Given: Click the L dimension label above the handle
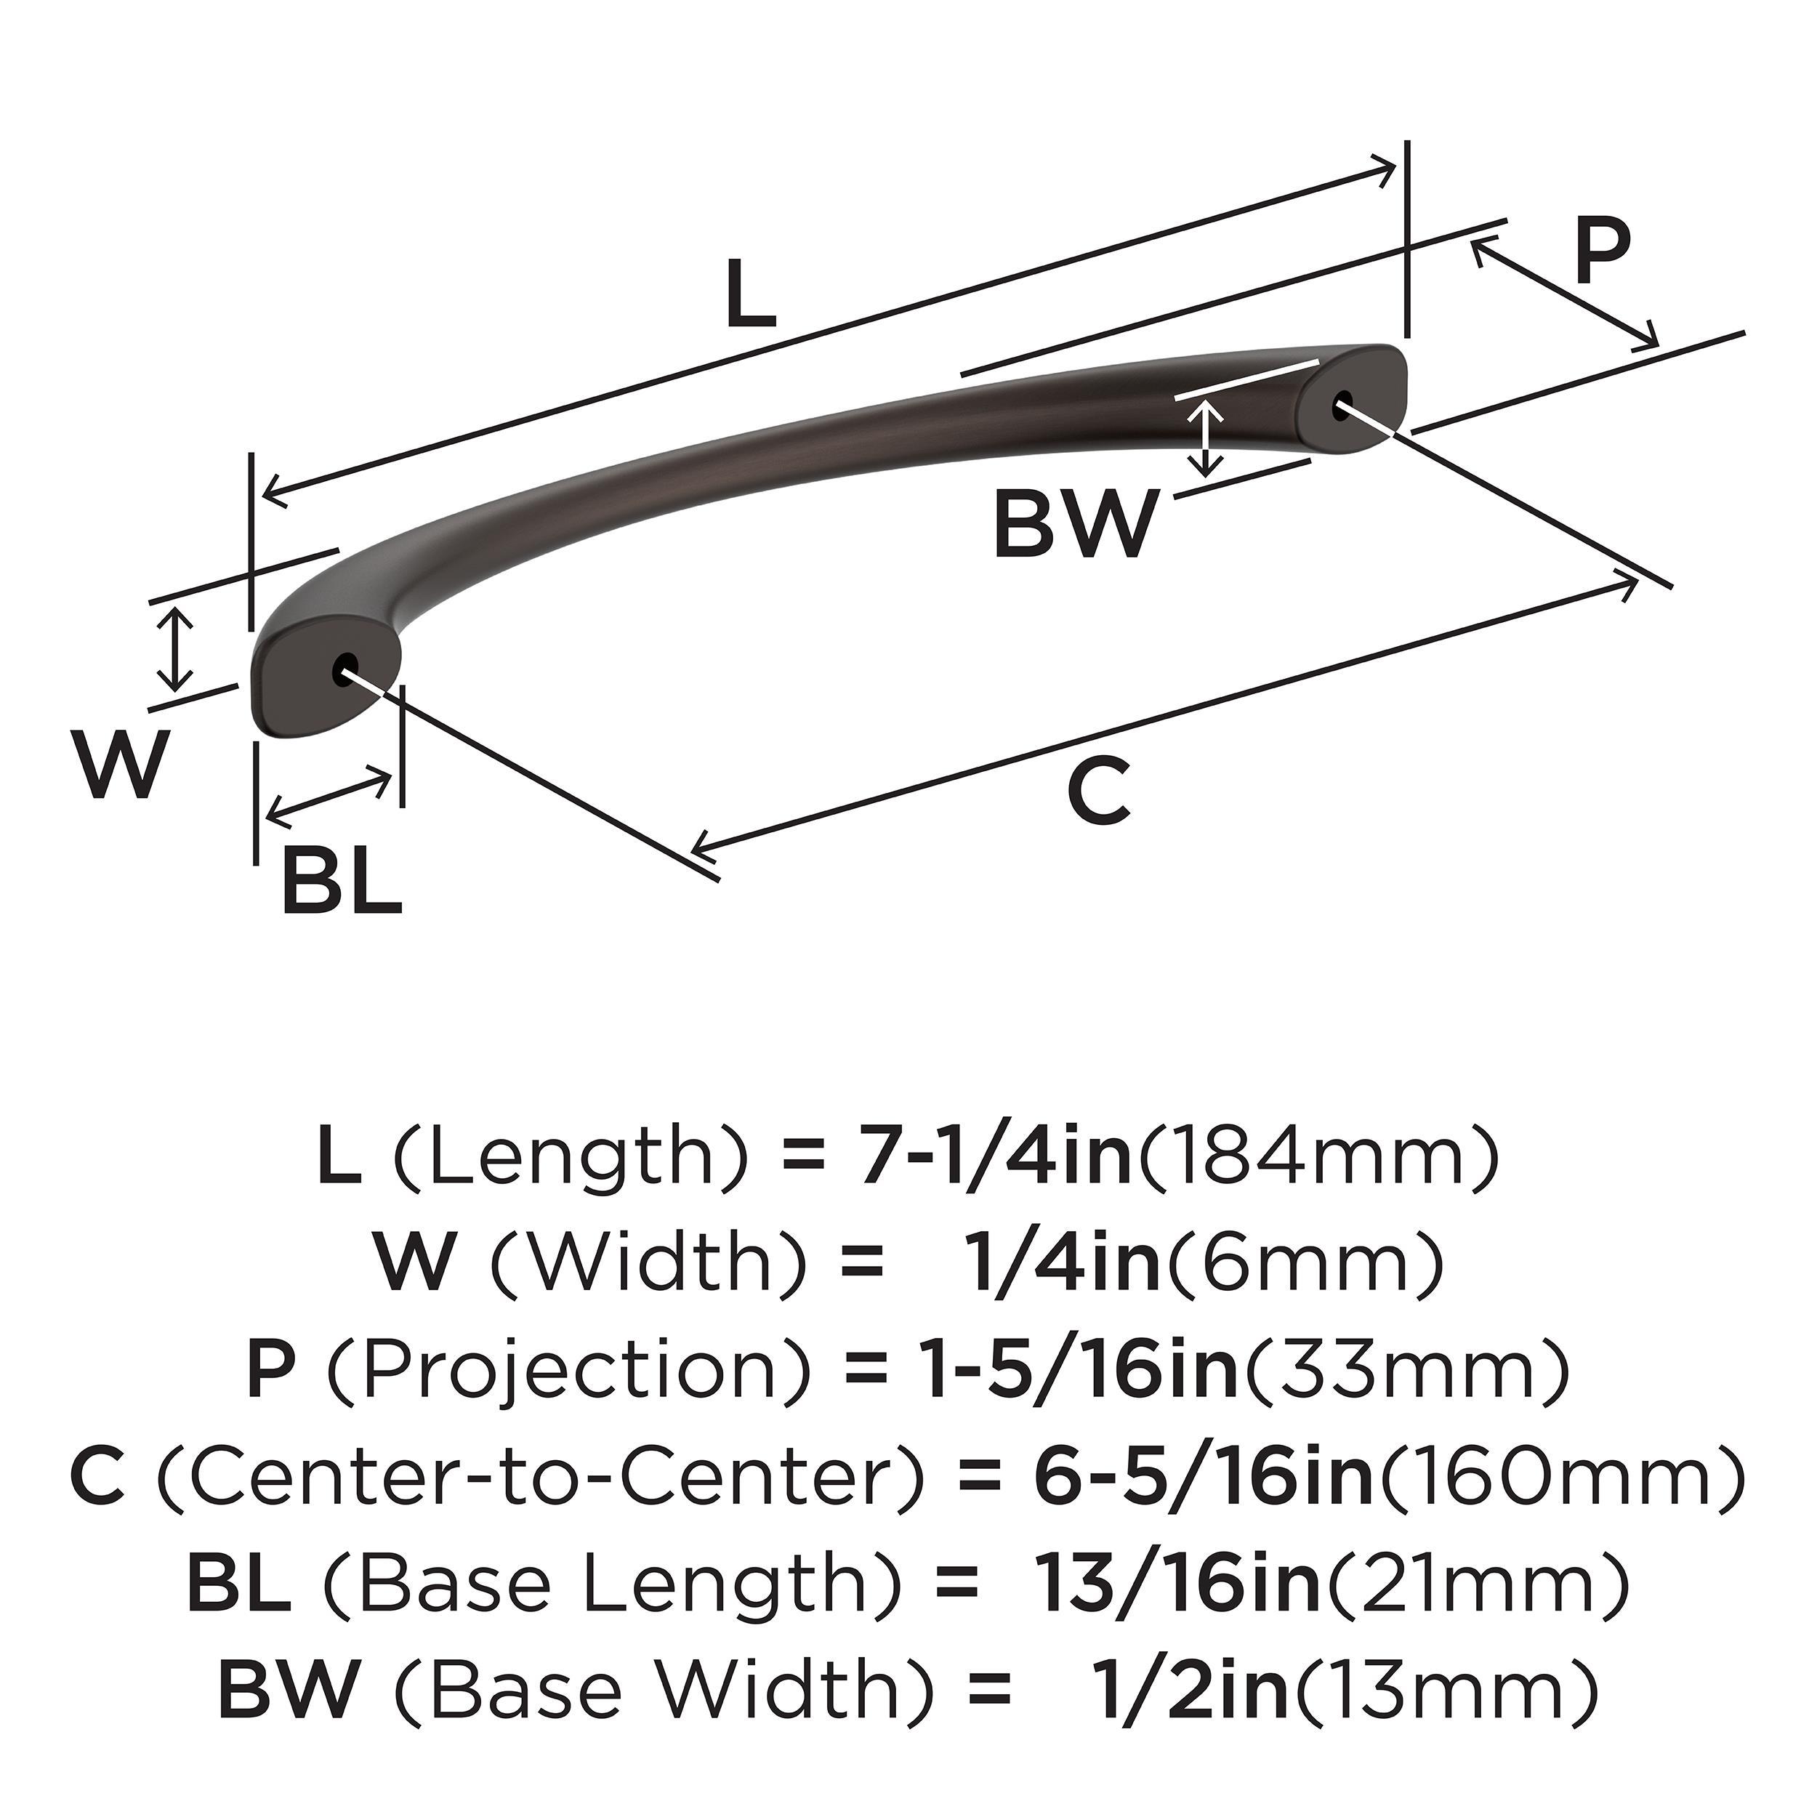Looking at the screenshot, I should (x=752, y=294).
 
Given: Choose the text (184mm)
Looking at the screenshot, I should (x=1318, y=1159).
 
